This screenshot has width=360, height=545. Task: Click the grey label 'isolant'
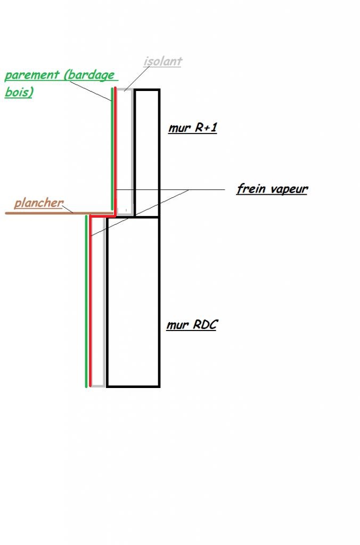point(163,61)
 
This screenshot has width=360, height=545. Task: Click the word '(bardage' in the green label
point(89,75)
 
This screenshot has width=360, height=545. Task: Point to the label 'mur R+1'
point(192,128)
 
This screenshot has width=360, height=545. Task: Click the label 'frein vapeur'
point(272,189)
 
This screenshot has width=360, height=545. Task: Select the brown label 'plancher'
point(38,203)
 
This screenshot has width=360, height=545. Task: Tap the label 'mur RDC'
point(192,325)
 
